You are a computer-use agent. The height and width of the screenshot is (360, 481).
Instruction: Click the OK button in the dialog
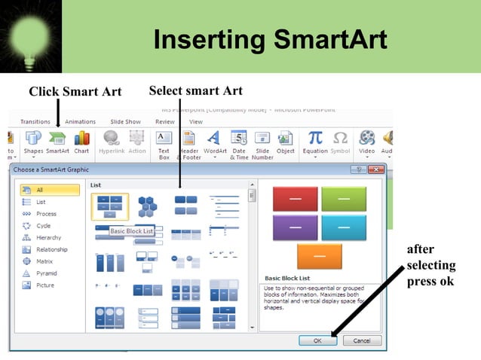(317, 340)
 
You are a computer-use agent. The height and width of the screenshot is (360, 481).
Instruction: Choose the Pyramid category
(47, 273)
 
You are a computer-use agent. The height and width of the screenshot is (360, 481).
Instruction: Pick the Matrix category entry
(45, 261)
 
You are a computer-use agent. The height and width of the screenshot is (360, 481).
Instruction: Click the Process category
(47, 214)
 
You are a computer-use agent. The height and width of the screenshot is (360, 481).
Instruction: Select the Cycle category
(44, 226)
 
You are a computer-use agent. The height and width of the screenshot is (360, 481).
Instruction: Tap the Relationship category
(52, 249)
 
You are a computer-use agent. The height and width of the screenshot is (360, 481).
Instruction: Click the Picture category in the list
(46, 285)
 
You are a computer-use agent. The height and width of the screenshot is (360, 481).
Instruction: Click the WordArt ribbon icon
(214, 142)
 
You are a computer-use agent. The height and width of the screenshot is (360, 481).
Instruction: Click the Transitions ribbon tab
(35, 121)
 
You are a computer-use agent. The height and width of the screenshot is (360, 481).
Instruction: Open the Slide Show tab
(125, 121)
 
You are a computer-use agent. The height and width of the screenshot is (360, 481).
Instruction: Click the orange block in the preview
(319, 256)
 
